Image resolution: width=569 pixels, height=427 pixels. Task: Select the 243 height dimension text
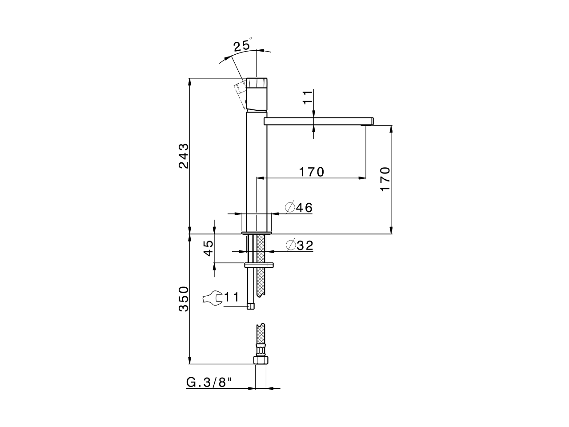coord(184,156)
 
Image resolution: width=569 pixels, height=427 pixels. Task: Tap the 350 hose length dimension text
coord(184,299)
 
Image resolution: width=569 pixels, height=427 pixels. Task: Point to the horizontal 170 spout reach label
coord(311,172)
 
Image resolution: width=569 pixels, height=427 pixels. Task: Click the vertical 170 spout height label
coord(385,179)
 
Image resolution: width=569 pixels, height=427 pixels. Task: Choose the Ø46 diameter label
coord(299,207)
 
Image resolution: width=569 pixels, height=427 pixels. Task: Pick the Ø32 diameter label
coord(299,245)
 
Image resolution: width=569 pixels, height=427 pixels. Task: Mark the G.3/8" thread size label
coord(209,383)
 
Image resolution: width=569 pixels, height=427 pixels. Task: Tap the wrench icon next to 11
coord(212,298)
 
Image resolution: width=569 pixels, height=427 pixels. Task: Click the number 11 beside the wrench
coord(232,297)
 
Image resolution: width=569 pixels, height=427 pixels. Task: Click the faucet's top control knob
coord(257,83)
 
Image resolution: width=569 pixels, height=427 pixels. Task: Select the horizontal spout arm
coord(318,121)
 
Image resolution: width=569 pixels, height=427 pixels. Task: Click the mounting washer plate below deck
coord(260,265)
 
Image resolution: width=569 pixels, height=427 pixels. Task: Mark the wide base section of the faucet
coord(256,222)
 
